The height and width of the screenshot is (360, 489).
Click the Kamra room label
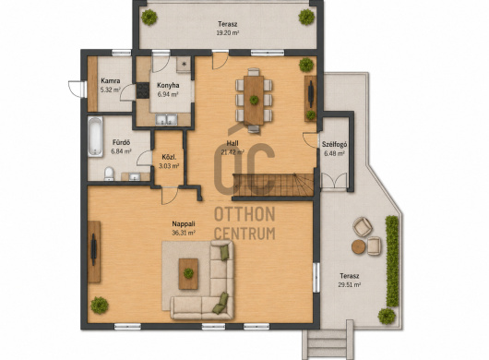(111, 81)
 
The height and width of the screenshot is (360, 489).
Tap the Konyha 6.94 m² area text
(168, 94)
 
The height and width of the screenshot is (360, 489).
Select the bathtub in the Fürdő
(95, 137)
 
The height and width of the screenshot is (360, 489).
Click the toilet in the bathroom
(109, 174)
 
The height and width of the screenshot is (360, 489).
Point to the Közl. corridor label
(169, 157)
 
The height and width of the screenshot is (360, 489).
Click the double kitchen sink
(166, 119)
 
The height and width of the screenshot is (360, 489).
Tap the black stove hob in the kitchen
(143, 90)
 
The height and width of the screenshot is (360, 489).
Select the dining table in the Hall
(254, 100)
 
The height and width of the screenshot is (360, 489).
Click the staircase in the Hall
(273, 185)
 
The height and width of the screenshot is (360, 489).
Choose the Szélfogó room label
(334, 144)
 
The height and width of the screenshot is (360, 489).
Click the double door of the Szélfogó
(334, 181)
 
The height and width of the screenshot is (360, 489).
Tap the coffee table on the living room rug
(188, 273)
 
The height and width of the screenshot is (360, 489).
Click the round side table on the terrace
(359, 246)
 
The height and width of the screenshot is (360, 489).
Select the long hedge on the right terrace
(392, 261)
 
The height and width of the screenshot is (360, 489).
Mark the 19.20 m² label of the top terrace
(228, 32)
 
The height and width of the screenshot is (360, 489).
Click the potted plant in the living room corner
(100, 306)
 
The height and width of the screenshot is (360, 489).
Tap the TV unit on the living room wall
(94, 251)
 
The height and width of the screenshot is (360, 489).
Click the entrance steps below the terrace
(328, 342)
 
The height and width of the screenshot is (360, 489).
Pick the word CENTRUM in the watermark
(244, 234)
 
